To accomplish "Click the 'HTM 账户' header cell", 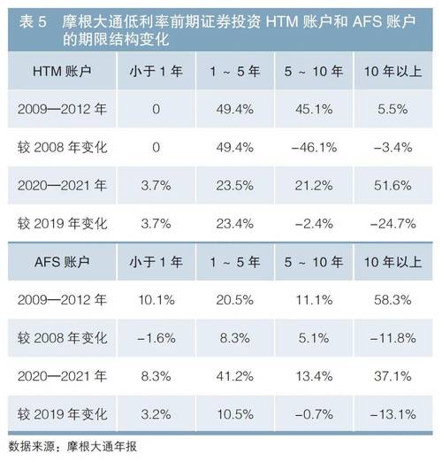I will (x=62, y=71).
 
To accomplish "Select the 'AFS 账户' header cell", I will (x=62, y=264).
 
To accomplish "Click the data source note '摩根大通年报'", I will (x=100, y=446).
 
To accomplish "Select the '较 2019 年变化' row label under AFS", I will (x=62, y=414).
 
